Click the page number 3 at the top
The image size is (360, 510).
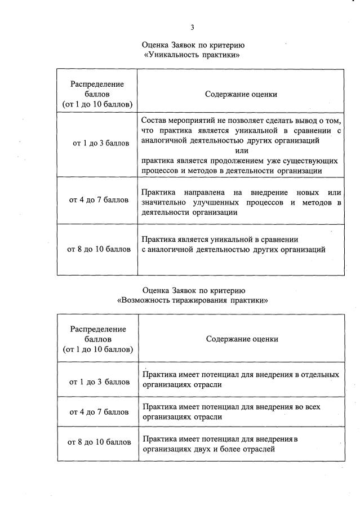[x=192, y=27]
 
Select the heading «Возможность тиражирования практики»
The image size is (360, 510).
[x=192, y=300]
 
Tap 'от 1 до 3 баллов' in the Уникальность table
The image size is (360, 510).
[x=100, y=143]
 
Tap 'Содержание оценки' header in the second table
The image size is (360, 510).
[x=241, y=339]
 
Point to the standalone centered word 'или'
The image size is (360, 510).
[x=241, y=150]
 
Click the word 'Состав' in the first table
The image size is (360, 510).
[x=154, y=121]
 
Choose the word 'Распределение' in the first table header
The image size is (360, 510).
[x=97, y=84]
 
